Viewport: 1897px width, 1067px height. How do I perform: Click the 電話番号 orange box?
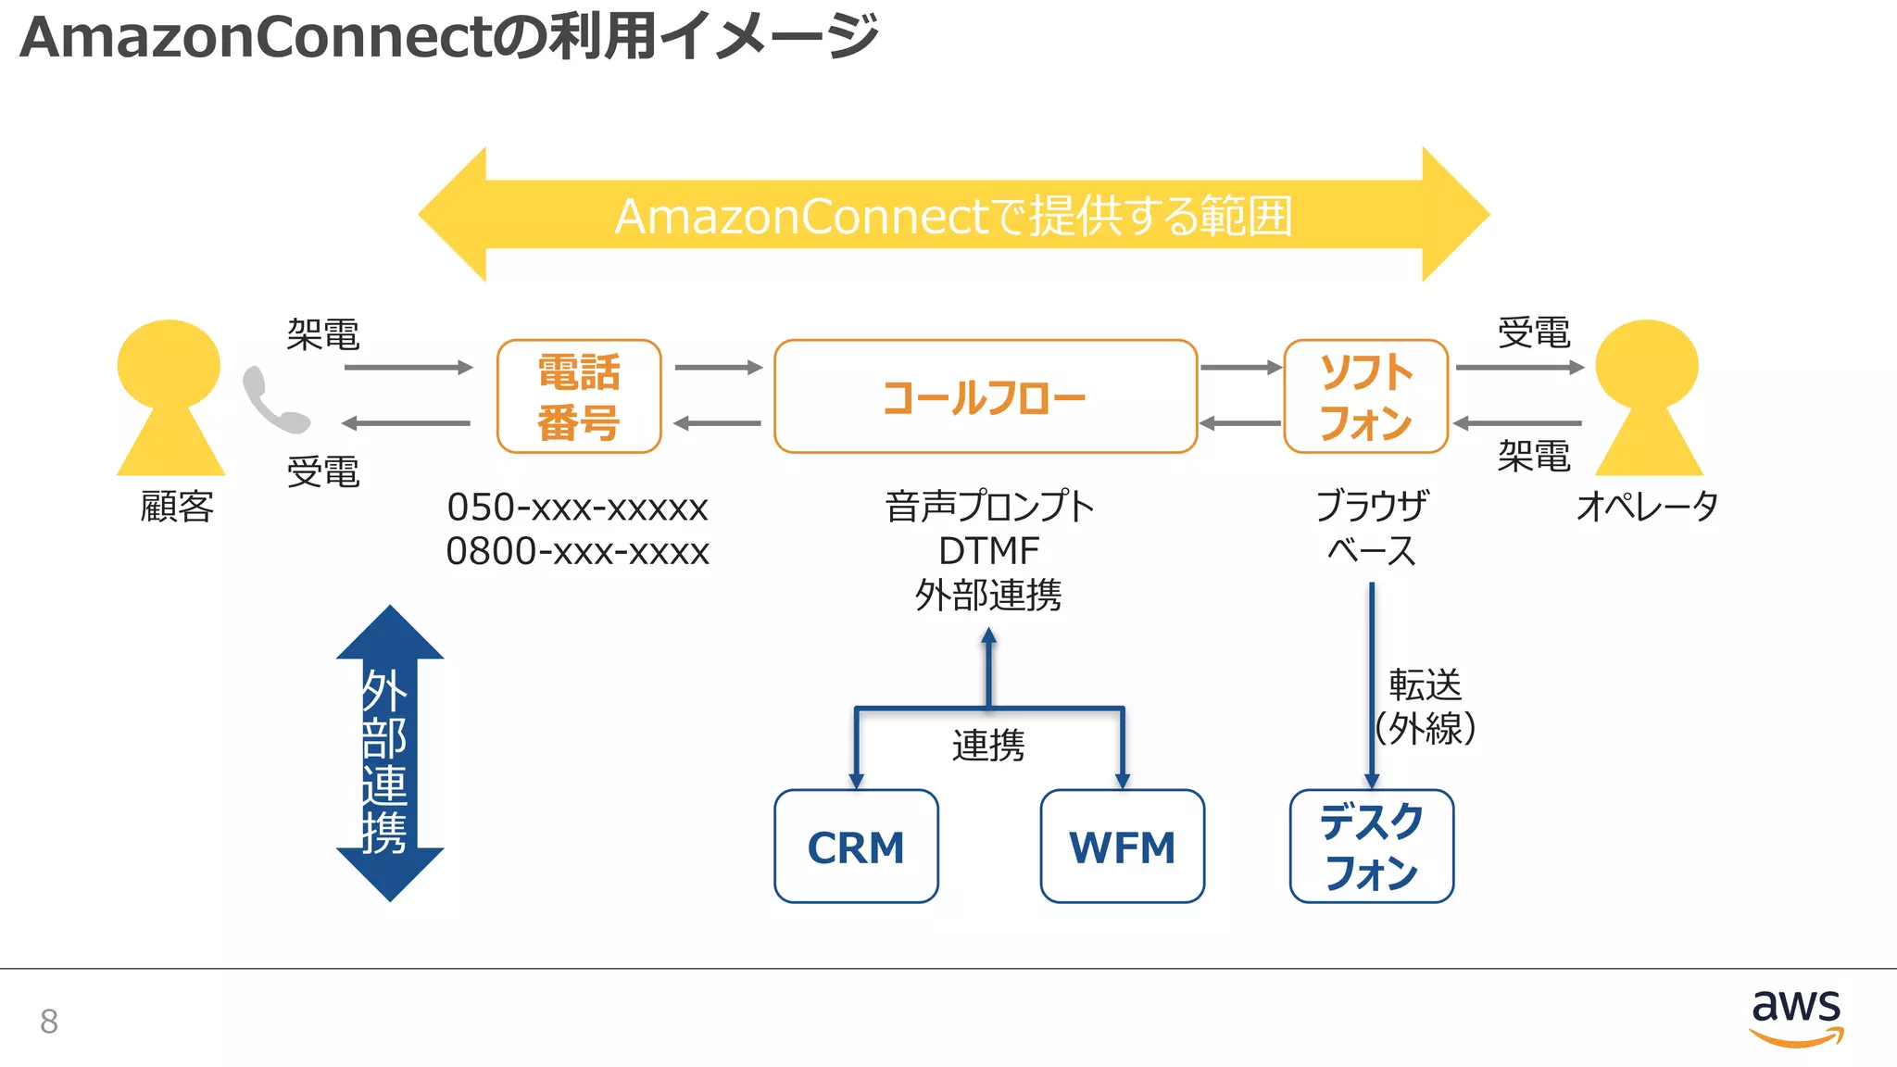click(579, 396)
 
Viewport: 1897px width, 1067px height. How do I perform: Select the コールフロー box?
click(985, 396)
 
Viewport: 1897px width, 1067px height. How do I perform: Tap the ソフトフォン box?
click(1365, 396)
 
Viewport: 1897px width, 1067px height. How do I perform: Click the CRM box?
click(856, 847)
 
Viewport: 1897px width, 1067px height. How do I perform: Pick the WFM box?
click(1122, 847)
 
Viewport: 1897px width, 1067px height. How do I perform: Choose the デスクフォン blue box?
click(1371, 847)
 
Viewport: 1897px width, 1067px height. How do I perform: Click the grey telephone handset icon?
click(273, 401)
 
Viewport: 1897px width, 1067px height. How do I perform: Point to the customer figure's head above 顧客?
click(169, 364)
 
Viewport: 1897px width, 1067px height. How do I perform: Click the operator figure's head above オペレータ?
click(1646, 364)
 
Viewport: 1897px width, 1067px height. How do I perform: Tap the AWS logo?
click(1795, 1015)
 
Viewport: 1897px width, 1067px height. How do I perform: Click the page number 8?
click(49, 1021)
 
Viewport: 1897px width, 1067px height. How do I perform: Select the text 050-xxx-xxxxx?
click(577, 508)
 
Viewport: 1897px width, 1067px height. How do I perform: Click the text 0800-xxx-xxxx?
click(577, 552)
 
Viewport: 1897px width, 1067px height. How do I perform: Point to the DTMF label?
click(988, 551)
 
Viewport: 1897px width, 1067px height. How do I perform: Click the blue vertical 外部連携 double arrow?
click(389, 752)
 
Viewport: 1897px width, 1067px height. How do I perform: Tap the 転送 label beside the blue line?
click(1425, 685)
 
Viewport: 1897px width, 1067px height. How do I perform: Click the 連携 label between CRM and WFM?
click(988, 746)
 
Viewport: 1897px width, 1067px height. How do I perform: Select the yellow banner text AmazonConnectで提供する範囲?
click(953, 216)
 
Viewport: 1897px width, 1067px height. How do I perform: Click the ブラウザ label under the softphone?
click(1371, 507)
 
